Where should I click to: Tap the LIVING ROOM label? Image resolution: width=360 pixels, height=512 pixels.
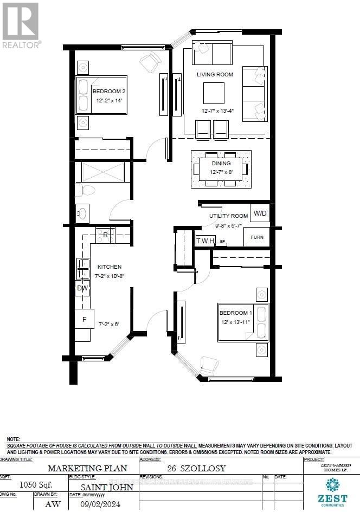coord(215,74)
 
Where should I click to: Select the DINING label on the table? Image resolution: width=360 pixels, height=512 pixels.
coord(221,163)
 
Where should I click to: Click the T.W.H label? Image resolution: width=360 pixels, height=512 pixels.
coord(205,240)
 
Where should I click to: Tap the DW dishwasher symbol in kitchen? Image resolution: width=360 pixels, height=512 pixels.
coord(82,288)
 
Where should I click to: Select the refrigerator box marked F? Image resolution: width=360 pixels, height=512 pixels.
coord(84,319)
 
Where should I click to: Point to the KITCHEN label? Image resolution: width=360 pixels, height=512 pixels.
coord(109,267)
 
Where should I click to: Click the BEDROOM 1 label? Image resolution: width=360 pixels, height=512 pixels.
coord(235,313)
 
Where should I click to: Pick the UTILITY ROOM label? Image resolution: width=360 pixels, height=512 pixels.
coord(228,216)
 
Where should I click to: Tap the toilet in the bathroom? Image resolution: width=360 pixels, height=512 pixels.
coord(86,190)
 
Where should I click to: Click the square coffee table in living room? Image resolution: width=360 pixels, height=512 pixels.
coord(214,93)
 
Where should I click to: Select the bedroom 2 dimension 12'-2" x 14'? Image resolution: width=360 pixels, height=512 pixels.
coord(109,100)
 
